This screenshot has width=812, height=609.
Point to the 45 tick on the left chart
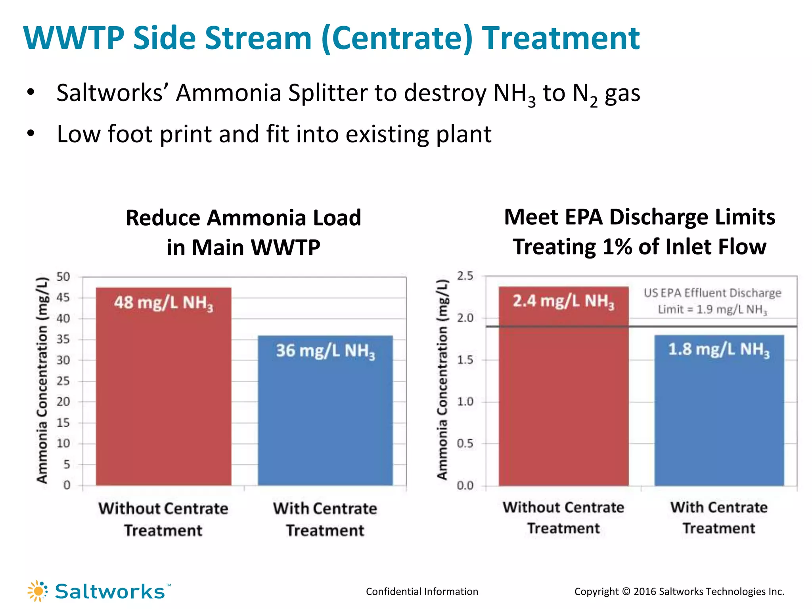63,297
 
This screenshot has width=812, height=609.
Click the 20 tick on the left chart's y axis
63,402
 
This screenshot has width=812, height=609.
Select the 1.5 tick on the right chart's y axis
465,360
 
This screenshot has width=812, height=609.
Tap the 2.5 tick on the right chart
465,276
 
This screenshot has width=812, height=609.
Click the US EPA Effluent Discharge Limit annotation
712,301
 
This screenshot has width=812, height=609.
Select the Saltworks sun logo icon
38,591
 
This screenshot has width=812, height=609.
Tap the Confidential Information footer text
422,592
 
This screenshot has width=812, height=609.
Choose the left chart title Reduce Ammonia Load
243,218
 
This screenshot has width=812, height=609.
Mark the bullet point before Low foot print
31,134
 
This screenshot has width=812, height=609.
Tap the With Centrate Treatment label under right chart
719,518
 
